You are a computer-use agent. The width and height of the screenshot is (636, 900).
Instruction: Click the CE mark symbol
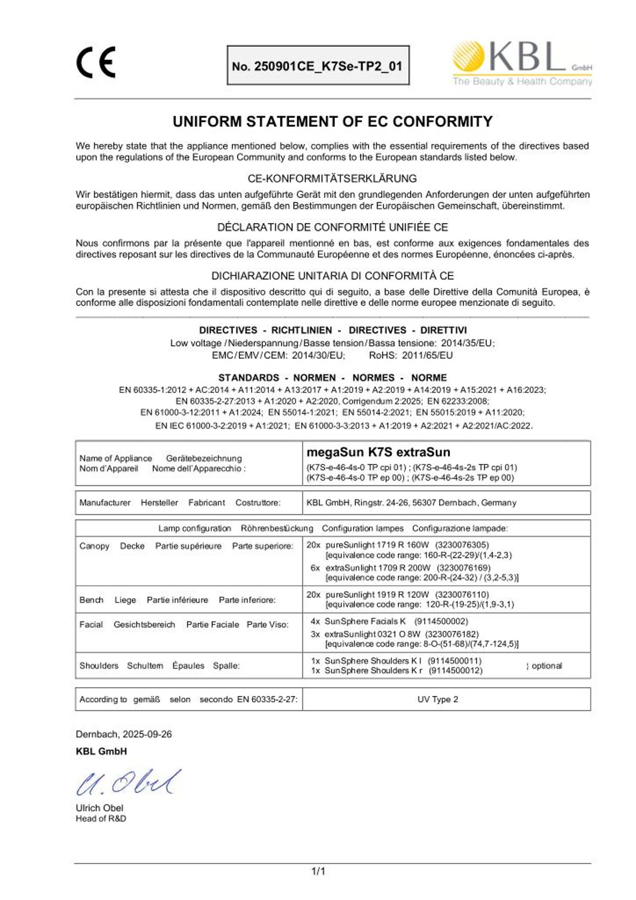pyautogui.click(x=96, y=62)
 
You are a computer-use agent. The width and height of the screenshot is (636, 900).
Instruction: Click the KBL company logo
pyautogui.click(x=522, y=63)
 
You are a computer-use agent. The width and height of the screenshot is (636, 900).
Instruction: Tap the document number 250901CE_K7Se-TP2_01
pyautogui.click(x=318, y=66)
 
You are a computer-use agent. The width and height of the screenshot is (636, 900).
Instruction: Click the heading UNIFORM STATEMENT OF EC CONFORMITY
pyautogui.click(x=332, y=122)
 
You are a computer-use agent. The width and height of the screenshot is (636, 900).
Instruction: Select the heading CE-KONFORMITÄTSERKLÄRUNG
pyautogui.click(x=332, y=178)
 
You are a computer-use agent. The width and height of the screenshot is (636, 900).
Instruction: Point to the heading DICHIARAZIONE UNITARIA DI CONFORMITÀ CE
pyautogui.click(x=332, y=276)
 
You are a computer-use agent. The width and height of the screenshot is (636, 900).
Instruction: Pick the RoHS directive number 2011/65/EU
pyautogui.click(x=427, y=355)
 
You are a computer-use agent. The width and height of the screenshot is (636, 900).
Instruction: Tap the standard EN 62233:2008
pyautogui.click(x=458, y=401)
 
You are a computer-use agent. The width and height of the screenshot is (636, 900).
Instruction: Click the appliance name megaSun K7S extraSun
pyautogui.click(x=378, y=452)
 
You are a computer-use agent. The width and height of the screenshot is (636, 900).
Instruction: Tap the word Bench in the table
pyautogui.click(x=91, y=600)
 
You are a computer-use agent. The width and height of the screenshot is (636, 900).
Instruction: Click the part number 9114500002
pyautogui.click(x=441, y=621)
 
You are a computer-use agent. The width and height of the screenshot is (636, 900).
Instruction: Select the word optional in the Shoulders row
pyautogui.click(x=546, y=666)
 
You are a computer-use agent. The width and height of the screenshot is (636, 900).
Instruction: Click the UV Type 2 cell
pyautogui.click(x=437, y=699)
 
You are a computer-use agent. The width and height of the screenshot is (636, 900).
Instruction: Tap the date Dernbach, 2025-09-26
pyautogui.click(x=124, y=734)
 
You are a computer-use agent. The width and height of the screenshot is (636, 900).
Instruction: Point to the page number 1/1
pyautogui.click(x=318, y=871)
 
